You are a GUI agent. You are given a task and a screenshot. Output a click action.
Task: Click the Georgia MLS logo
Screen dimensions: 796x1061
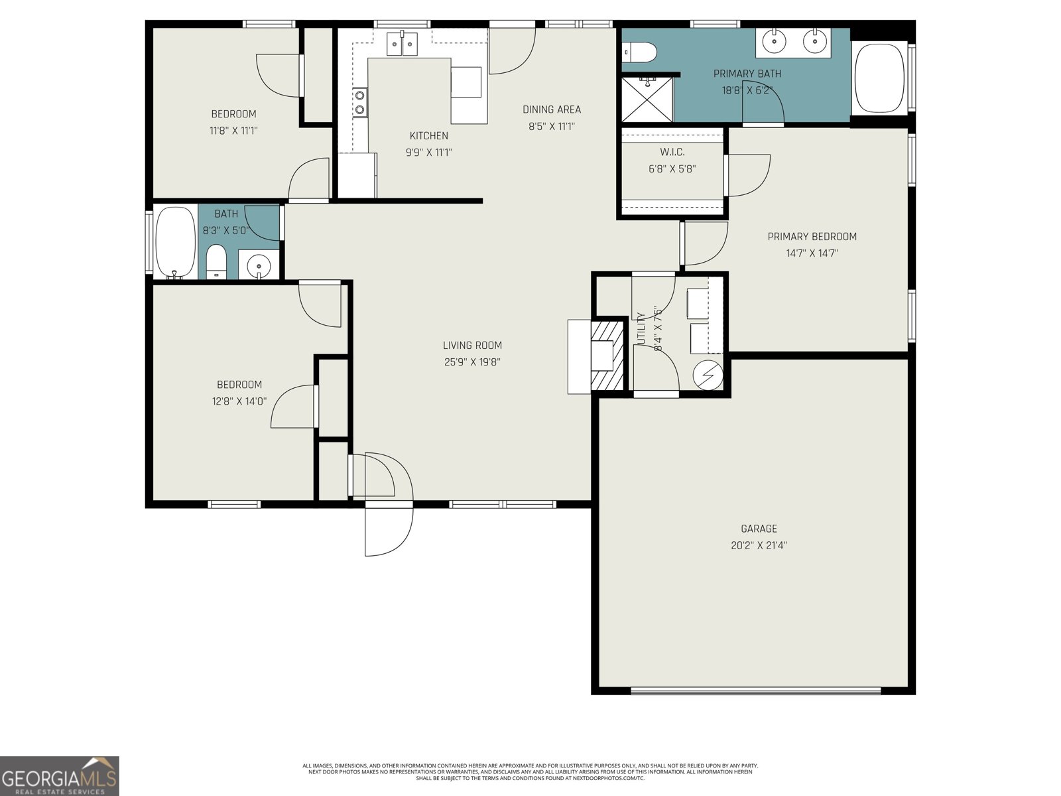[x=60, y=776]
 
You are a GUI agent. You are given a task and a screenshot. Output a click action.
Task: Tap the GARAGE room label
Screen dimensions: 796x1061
[x=759, y=529]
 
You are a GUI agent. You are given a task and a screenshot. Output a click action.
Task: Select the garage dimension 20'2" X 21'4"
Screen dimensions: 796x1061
[x=759, y=546]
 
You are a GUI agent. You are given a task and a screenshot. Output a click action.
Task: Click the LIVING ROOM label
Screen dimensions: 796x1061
[x=472, y=345]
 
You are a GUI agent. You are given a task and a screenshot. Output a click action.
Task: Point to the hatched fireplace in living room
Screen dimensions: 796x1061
[x=607, y=355]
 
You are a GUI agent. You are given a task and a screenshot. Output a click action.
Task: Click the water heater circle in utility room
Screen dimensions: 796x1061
[x=706, y=376]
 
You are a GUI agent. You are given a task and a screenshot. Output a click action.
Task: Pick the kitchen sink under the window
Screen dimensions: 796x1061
[x=403, y=45]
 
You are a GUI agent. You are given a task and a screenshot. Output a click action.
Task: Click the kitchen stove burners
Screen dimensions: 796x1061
[x=360, y=102]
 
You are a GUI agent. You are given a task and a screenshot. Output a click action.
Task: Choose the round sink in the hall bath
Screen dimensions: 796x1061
[x=259, y=267]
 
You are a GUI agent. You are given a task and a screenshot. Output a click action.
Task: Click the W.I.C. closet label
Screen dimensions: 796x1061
[x=672, y=152]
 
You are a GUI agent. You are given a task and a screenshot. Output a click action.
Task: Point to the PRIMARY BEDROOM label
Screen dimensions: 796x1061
[x=812, y=236]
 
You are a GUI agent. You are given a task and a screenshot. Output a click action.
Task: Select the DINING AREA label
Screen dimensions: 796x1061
[x=551, y=109]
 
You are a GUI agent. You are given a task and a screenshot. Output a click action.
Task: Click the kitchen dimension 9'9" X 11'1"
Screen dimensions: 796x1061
[x=428, y=153]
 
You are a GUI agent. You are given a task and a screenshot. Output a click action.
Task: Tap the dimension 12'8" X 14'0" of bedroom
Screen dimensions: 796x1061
[x=239, y=401]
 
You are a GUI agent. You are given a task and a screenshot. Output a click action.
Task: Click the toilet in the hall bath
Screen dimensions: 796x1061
[x=216, y=263]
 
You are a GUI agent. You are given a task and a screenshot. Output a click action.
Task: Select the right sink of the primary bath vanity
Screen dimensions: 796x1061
[x=814, y=42]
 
